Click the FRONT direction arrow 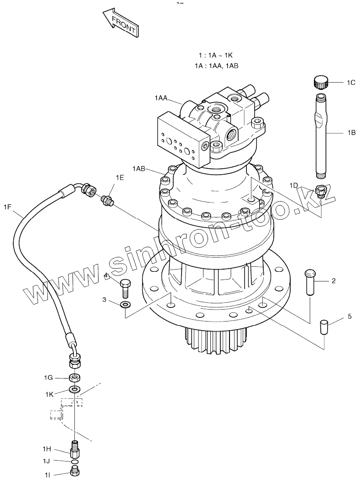click(120, 24)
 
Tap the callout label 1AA click(161, 98)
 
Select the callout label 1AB click(139, 169)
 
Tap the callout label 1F click(7, 208)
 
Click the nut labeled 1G click(74, 377)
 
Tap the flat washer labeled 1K click(74, 389)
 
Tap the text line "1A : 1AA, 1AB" click(216, 66)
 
